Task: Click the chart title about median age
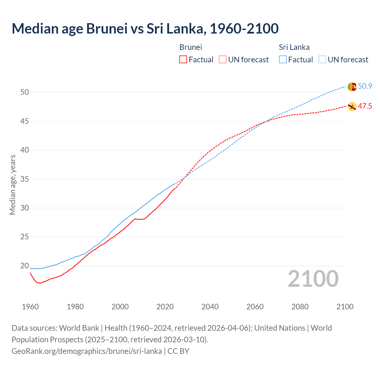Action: click(x=145, y=28)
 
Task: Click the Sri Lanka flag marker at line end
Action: click(x=352, y=87)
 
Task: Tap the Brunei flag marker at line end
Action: click(x=352, y=107)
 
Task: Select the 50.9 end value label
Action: click(x=365, y=86)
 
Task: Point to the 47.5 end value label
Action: click(x=365, y=106)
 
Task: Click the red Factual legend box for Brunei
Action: click(x=183, y=60)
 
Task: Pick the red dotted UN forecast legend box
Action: click(x=223, y=60)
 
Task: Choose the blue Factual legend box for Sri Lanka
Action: click(x=283, y=60)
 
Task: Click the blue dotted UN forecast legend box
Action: click(x=322, y=60)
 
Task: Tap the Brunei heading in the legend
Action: click(x=191, y=47)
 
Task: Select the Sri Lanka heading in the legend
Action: click(x=294, y=47)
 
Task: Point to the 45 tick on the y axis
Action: click(x=25, y=121)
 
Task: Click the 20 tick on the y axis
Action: click(x=25, y=266)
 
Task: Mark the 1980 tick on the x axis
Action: click(x=75, y=307)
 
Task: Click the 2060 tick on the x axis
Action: click(x=255, y=307)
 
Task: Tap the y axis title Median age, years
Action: click(x=12, y=185)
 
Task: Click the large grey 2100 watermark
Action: click(x=313, y=279)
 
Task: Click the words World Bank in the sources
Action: click(x=79, y=328)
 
